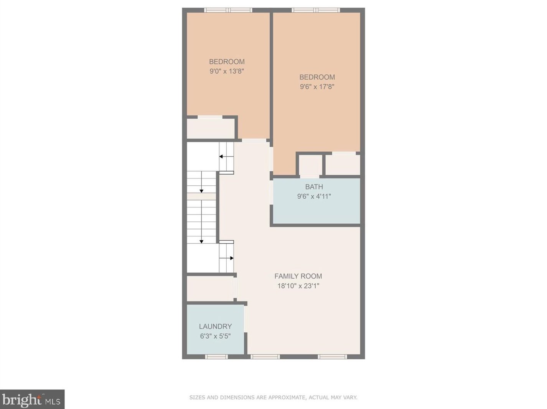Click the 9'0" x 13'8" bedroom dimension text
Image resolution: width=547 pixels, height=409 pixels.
pos(227,71)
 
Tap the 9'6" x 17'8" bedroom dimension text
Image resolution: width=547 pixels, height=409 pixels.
pos(317,87)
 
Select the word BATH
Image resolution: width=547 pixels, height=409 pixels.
pos(314,187)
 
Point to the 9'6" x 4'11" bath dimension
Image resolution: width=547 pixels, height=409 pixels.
pos(314,196)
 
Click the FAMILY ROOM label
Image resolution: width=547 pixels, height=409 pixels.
pos(298,276)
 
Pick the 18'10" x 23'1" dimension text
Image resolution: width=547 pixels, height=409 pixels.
pos(298,286)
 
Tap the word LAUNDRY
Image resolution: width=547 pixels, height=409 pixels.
pos(215,327)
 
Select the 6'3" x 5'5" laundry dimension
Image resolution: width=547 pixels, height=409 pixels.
pos(215,336)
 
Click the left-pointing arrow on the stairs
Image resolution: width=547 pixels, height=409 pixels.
pos(221,157)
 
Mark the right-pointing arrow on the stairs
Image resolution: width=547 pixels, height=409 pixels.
pos(231,258)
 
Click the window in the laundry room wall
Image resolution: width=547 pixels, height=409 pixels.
pos(216,357)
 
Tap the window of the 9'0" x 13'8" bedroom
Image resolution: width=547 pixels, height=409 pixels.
pos(228,10)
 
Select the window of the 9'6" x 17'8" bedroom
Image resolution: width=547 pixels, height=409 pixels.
pos(316,10)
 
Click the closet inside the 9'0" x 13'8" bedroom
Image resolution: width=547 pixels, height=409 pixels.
pos(210,129)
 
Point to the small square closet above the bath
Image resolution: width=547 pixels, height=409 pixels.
pos(310,165)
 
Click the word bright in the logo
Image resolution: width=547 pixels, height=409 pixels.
pos(22,400)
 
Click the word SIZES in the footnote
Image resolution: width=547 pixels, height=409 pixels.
pos(197,397)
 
